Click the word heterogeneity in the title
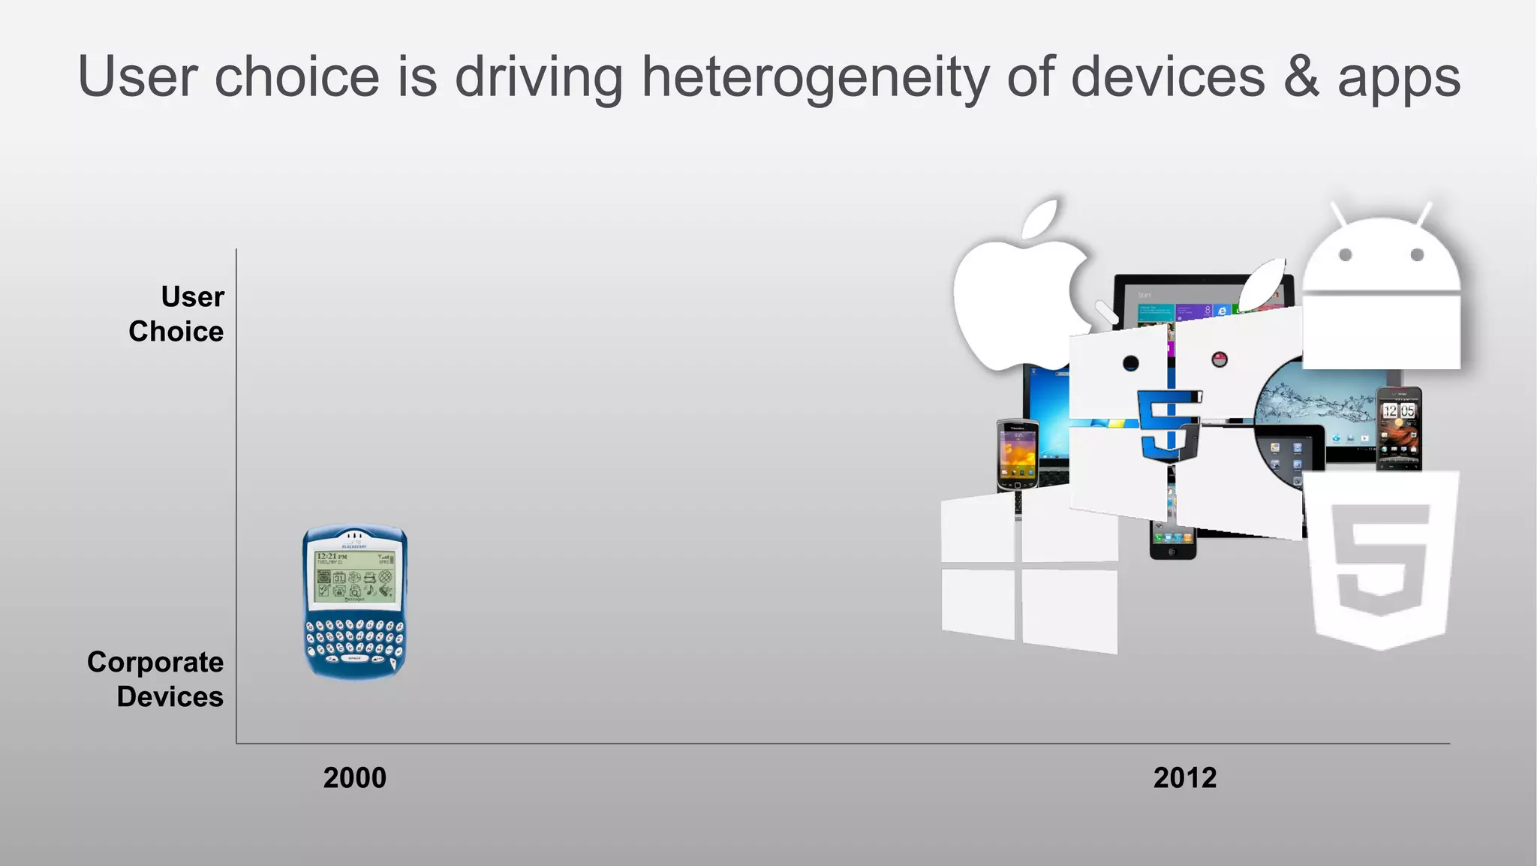(815, 77)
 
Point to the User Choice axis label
(177, 314)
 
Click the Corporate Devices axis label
(156, 679)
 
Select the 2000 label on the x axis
(354, 777)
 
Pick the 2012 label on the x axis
(1184, 777)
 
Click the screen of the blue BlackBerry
(354, 576)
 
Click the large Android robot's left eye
(1345, 255)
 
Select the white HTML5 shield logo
(1381, 559)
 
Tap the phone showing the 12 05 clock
(1398, 428)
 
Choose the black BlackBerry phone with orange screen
(1018, 454)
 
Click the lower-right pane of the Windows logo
(1069, 609)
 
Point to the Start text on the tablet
(1144, 295)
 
